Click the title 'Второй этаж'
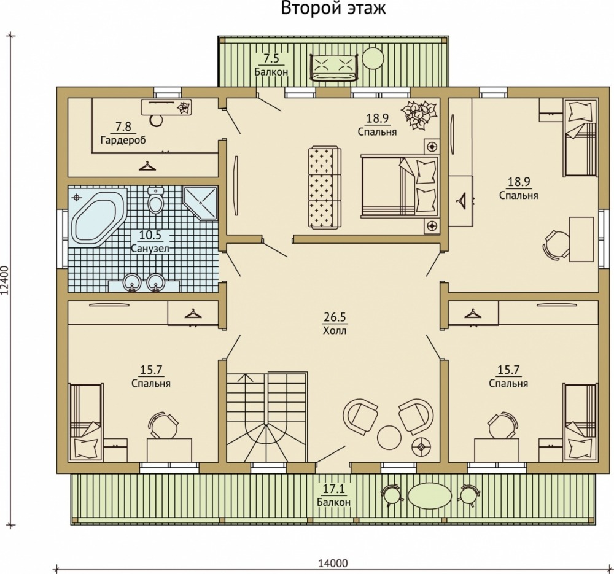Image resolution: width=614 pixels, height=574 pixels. click(333, 8)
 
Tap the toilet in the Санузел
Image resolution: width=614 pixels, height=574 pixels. click(156, 200)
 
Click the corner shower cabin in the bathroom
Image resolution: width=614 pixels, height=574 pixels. click(201, 203)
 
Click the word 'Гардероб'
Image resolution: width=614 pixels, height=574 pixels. click(123, 140)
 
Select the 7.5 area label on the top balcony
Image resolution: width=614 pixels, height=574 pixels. click(271, 59)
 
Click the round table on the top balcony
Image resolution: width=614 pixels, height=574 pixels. click(373, 58)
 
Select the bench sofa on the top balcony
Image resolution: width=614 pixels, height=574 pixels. click(333, 68)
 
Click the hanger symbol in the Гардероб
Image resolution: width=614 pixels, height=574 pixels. click(147, 166)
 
